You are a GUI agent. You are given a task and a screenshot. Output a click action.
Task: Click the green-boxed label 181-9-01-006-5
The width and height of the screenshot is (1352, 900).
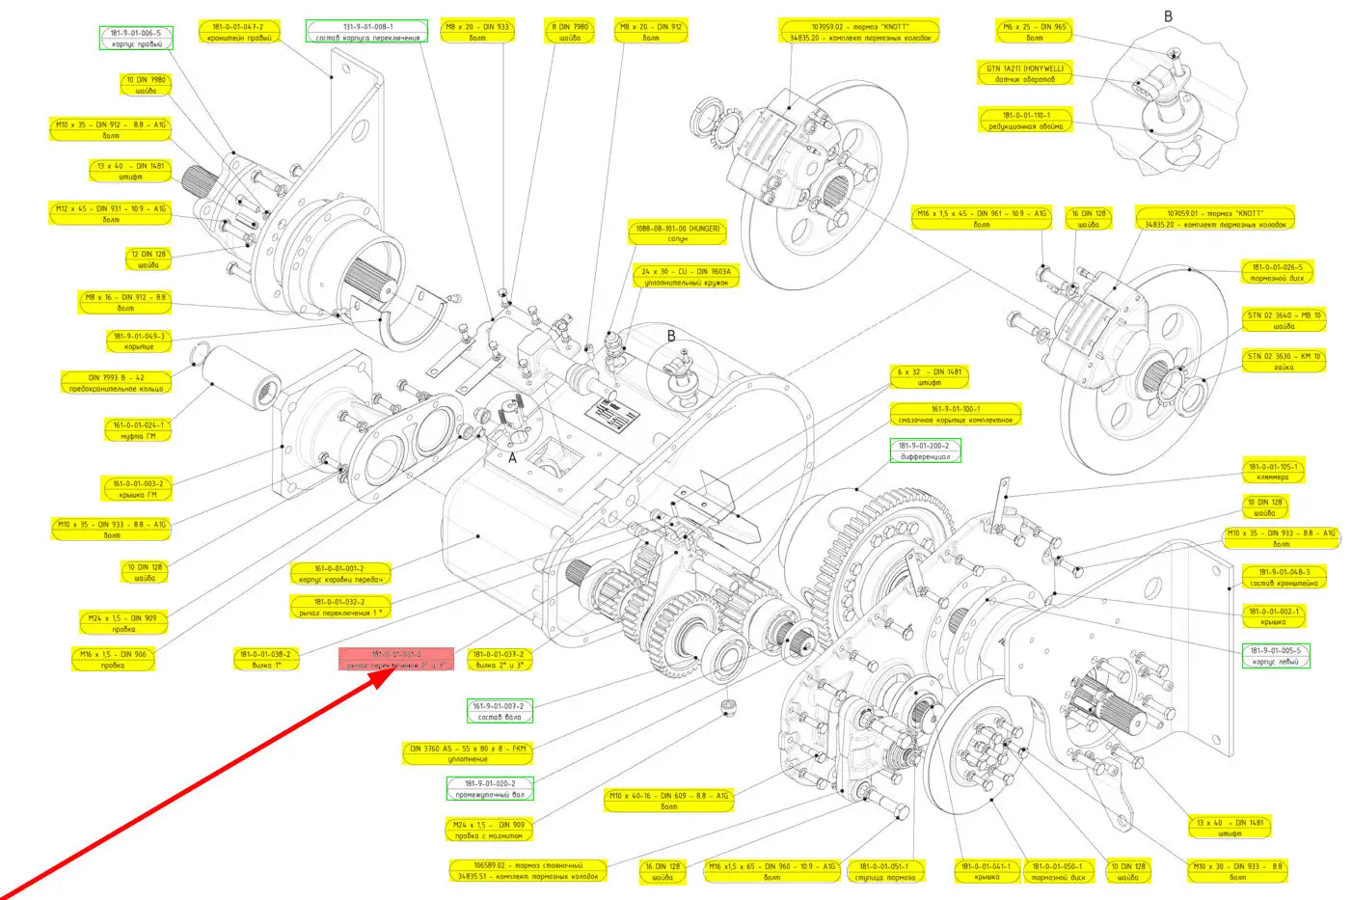coord(136,39)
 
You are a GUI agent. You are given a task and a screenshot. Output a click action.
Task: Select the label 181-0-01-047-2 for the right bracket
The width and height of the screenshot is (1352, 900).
coord(236,33)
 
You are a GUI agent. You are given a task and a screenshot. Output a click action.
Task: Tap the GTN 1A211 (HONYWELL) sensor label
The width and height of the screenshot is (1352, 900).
coord(1024,74)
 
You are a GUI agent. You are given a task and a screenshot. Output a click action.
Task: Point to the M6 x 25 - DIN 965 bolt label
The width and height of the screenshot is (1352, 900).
coord(1034,33)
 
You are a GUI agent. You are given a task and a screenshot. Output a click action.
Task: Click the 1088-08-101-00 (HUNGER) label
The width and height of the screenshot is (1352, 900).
coord(677,233)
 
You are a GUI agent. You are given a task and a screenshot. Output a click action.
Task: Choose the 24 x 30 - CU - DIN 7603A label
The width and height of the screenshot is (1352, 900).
coord(687,277)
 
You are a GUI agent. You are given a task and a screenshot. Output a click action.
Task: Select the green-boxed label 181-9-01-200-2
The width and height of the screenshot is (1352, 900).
coord(925,451)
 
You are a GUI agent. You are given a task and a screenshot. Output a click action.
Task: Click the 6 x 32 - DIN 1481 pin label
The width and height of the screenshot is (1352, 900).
coord(929,377)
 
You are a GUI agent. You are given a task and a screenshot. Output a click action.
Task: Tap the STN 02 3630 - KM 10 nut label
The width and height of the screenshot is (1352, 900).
coord(1284,362)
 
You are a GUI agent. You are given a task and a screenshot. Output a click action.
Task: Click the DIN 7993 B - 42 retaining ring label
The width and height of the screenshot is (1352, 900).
coord(117,383)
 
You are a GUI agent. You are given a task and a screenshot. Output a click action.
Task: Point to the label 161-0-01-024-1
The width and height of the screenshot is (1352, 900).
coord(138,430)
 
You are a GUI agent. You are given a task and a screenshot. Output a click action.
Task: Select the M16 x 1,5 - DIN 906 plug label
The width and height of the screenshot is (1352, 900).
coord(113,660)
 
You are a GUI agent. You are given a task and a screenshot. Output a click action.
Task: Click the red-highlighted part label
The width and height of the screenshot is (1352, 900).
coord(396,660)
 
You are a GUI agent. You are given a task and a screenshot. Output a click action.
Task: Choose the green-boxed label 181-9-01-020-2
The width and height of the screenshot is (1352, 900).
coord(490,789)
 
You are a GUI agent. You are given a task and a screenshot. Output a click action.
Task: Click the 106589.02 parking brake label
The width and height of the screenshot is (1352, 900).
coord(527,870)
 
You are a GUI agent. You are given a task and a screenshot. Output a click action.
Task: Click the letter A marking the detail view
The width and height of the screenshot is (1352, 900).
coord(512,458)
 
